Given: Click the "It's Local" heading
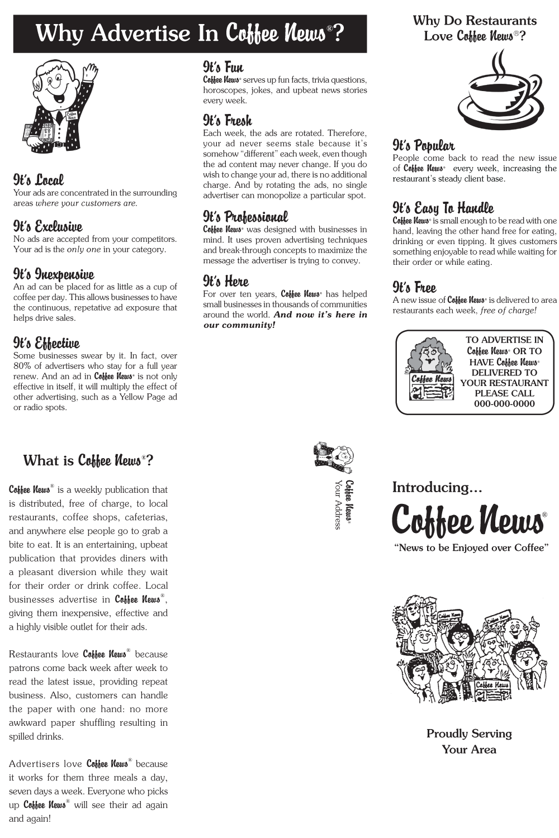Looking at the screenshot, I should [39, 180].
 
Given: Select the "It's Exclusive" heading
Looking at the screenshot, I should [48, 226].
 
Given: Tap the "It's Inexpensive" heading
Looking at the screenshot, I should [54, 274].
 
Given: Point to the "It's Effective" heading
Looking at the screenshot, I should [46, 343].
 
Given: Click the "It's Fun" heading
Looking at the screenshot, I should [223, 68].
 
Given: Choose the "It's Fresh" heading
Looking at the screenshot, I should [228, 121].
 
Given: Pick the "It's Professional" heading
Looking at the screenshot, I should [245, 217].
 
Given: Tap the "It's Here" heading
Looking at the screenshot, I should [226, 281].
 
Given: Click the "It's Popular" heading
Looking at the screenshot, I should [423, 146].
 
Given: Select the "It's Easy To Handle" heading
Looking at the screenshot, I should [443, 208].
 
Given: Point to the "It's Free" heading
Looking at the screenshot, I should [414, 288].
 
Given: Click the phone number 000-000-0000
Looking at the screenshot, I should [504, 404].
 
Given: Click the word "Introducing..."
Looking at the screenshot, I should [437, 487].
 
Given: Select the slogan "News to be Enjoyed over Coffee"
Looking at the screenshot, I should [471, 547].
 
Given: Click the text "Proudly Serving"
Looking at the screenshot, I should [469, 734].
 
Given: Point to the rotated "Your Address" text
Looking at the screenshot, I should [338, 504].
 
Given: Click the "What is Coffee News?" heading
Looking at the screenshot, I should [88, 460].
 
